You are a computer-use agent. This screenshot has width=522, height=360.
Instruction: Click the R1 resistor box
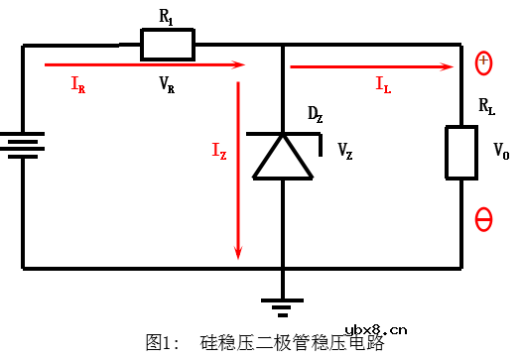pos(167,44)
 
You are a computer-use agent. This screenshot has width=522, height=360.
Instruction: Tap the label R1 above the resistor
pos(167,17)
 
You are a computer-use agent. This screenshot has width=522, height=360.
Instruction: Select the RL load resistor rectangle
pos(461,152)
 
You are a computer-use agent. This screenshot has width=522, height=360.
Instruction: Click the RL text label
pos(486,106)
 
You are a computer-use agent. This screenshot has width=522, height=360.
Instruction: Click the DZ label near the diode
pos(315,115)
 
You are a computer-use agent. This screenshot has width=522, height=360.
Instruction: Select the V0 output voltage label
pos(500,154)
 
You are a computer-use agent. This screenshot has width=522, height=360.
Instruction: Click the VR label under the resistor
pos(167,84)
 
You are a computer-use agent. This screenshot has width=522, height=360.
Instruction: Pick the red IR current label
pos(77,85)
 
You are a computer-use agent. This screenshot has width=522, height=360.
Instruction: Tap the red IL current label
pos(383,85)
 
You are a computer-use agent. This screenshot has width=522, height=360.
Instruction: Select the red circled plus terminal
pos(483,62)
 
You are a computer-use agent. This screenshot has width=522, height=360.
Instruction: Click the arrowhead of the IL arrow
pos(450,66)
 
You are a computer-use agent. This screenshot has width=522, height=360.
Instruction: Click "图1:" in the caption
pos(162,342)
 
